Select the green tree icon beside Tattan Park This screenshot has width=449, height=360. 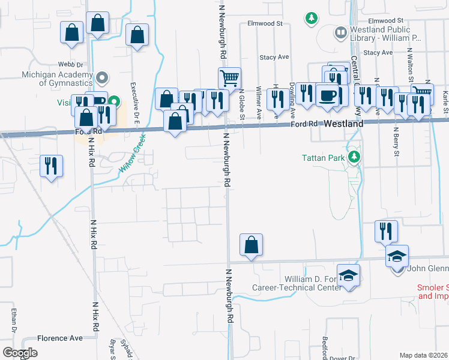click(x=354, y=157)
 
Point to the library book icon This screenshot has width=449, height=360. click(x=340, y=32)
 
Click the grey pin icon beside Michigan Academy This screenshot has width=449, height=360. click(x=102, y=77)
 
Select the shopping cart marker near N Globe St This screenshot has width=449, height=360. click(x=229, y=78)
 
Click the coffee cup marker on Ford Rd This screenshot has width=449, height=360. click(x=328, y=95)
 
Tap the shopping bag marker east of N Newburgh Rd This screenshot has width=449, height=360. click(x=251, y=244)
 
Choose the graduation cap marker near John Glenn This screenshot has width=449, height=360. click(x=397, y=256)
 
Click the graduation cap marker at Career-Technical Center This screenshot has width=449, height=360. click(x=348, y=275)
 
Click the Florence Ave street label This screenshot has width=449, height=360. click(x=60, y=338)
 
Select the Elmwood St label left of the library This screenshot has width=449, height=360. click(x=265, y=24)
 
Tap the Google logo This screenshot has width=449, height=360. click(x=20, y=353)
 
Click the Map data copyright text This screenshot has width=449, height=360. click(x=423, y=355)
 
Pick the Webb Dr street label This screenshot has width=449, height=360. click(x=70, y=64)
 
